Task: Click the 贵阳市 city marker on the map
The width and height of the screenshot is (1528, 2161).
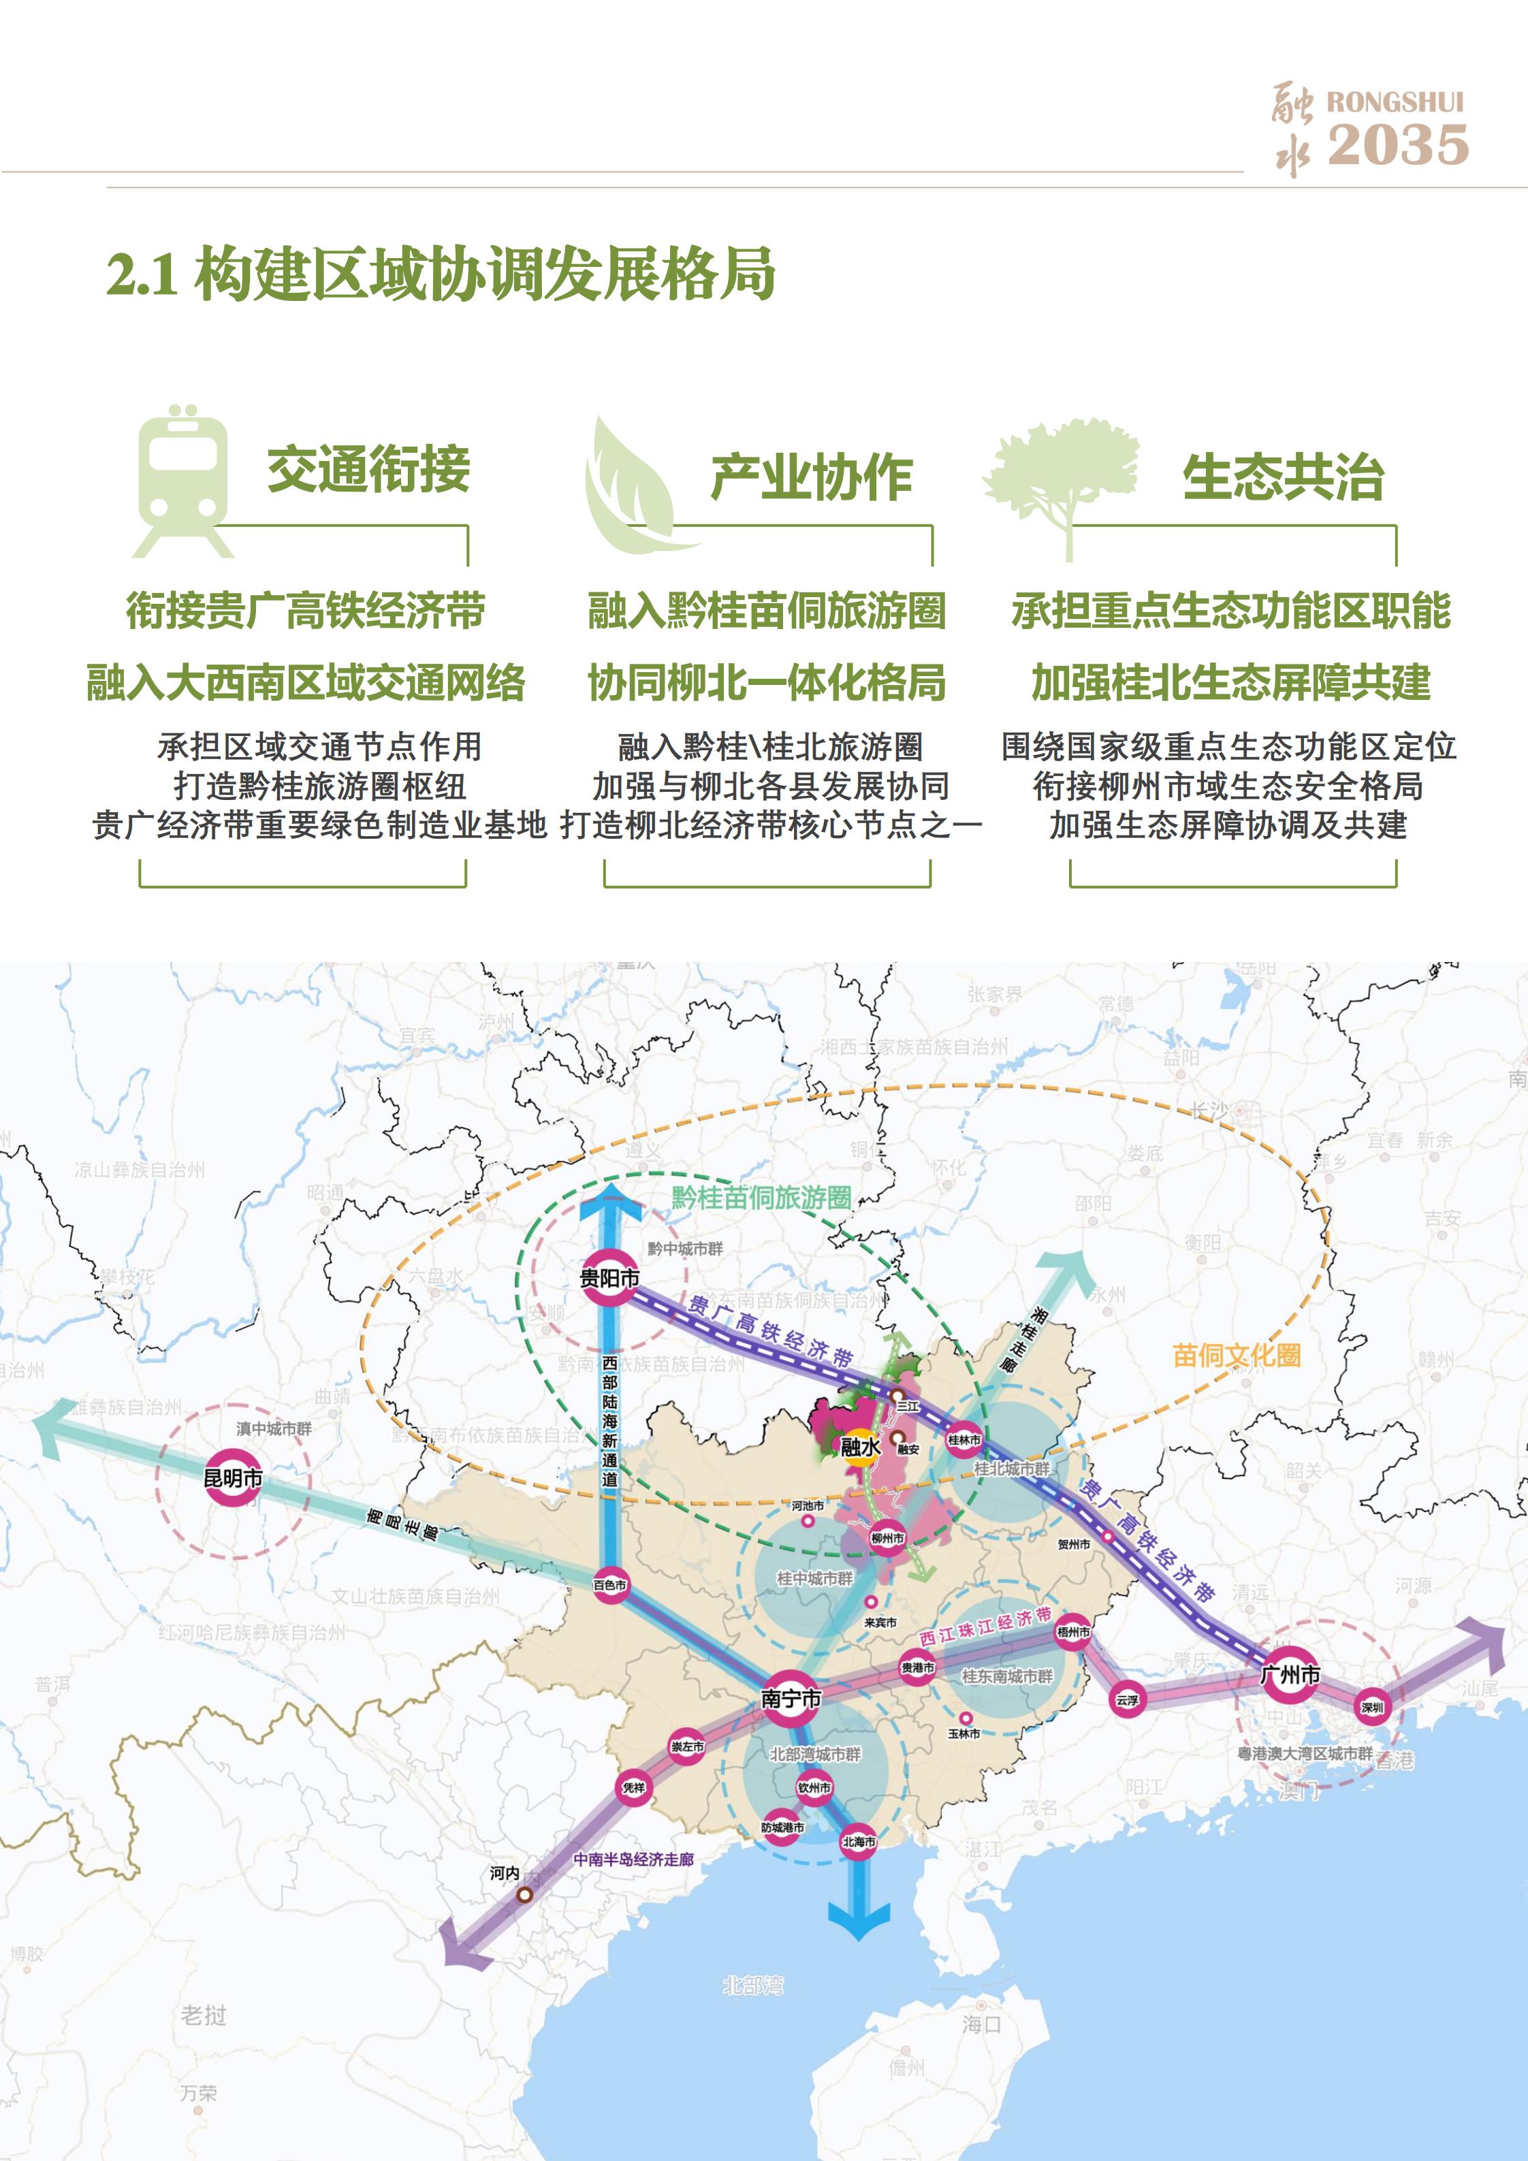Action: [x=609, y=1278]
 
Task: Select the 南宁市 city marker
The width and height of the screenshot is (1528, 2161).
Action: [x=791, y=1699]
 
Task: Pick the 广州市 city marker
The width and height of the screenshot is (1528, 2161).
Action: [x=1289, y=1674]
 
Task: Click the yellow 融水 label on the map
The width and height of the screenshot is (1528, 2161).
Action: [x=859, y=1447]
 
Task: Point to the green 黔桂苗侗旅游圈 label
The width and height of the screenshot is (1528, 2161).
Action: [x=761, y=1198]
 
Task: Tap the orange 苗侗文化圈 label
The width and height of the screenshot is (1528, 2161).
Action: [x=1236, y=1356]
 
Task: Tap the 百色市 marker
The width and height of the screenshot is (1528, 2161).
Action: [x=609, y=1585]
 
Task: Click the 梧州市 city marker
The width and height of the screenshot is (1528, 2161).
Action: [x=1072, y=1632]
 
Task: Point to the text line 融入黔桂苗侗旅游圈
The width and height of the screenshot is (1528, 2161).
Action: [x=766, y=611]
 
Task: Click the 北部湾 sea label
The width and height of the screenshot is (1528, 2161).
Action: [x=753, y=1986]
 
